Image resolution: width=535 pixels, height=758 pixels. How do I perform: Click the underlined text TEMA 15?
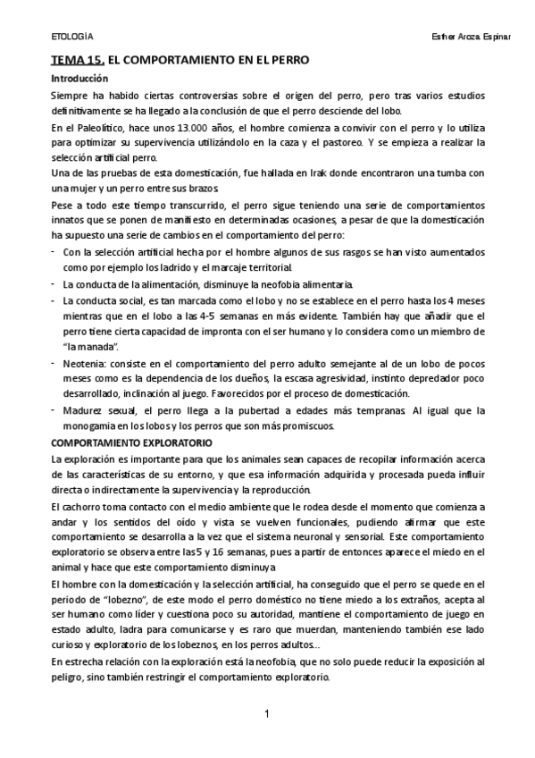tap(78, 62)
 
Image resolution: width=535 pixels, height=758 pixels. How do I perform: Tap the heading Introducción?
tap(79, 79)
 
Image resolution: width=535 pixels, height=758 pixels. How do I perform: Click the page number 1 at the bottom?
tap(266, 714)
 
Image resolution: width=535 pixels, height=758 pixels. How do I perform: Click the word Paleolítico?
tap(102, 128)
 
